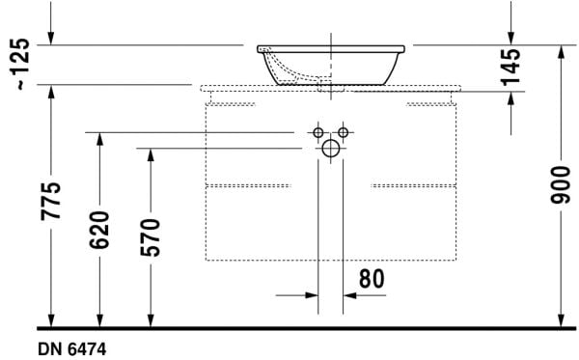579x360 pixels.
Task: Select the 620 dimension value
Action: tap(101, 230)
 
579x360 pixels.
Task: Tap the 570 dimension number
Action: tap(152, 237)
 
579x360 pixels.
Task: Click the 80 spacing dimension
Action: tap(372, 278)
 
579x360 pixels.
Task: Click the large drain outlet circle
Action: tap(330, 149)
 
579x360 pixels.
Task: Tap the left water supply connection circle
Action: tap(317, 131)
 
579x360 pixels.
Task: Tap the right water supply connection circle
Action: tap(343, 131)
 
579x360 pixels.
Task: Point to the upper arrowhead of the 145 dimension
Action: tap(511, 40)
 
